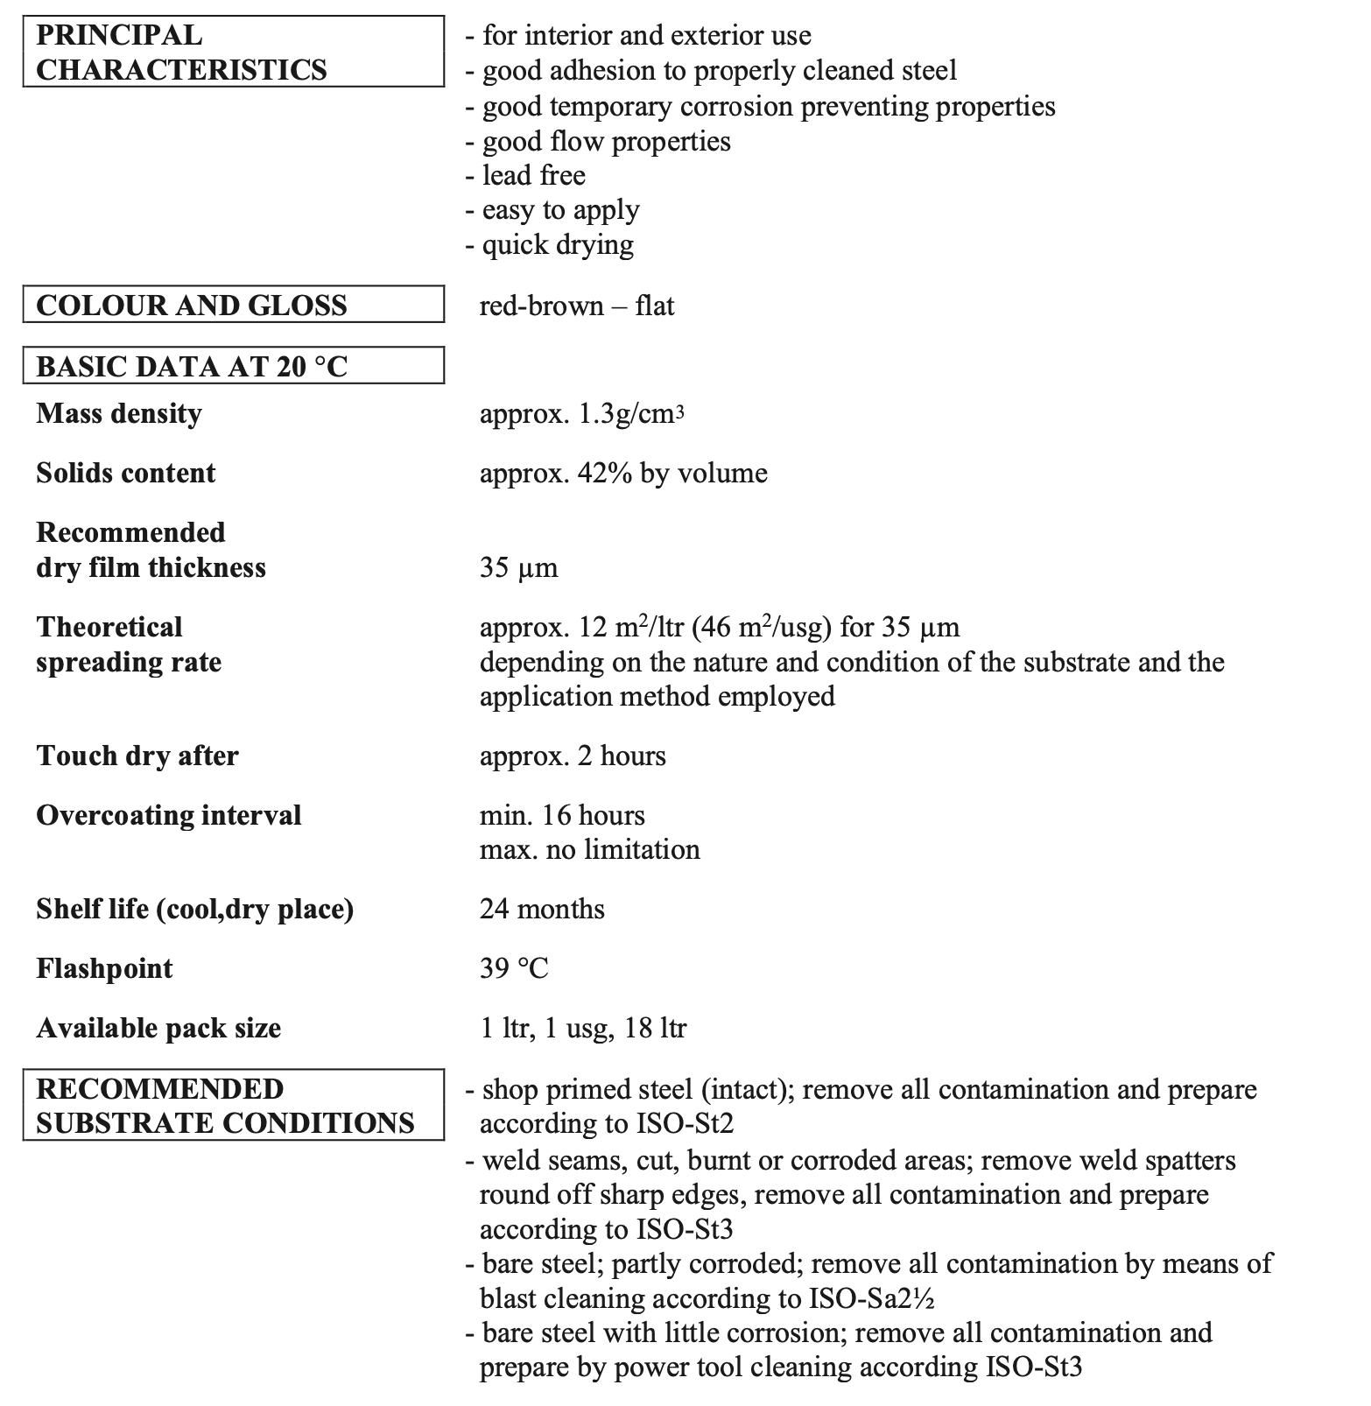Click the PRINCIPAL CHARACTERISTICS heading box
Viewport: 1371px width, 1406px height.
233,52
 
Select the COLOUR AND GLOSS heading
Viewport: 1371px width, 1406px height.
233,305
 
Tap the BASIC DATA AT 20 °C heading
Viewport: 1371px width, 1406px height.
233,366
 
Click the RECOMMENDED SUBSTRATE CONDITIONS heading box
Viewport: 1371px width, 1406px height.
233,1105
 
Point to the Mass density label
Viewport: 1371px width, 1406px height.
119,413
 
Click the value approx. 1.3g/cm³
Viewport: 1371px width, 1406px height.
581,413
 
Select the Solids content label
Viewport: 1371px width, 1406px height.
125,473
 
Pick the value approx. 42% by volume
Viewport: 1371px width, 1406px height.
623,473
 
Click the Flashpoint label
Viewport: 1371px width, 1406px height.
104,968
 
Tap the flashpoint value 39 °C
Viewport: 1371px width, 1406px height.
514,968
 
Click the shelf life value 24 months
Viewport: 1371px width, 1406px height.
542,909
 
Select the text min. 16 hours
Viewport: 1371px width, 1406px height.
562,815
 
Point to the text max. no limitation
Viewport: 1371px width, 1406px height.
589,849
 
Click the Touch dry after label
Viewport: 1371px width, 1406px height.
137,756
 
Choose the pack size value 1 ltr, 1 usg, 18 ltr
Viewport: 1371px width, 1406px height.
583,1028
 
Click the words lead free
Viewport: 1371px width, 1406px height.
533,175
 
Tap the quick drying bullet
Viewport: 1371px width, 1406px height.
557,244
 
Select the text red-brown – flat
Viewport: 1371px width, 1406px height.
577,306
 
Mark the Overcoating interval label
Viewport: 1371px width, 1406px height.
169,815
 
